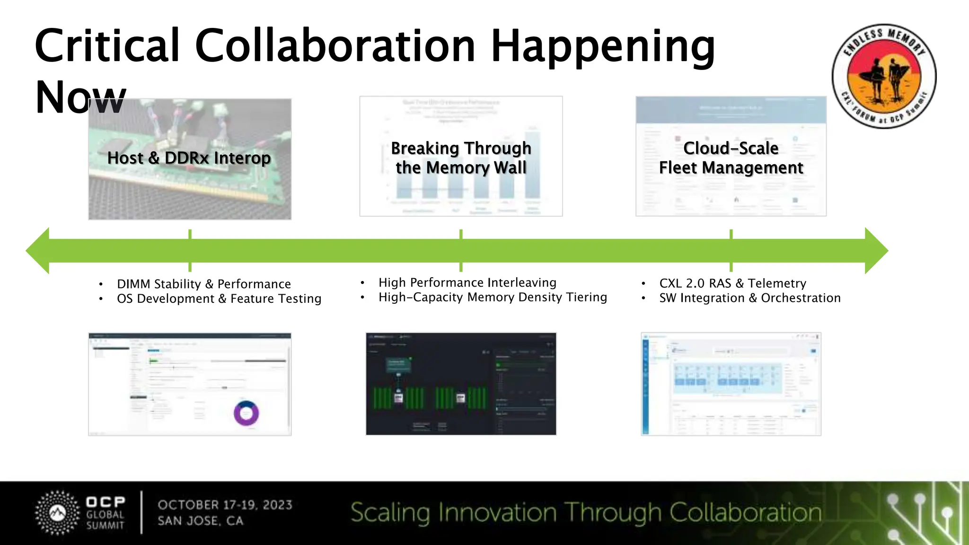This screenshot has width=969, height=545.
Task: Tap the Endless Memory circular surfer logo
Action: pos(884,76)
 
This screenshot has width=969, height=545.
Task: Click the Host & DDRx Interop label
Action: pos(189,158)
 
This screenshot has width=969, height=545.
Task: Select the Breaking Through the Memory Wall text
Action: pos(461,158)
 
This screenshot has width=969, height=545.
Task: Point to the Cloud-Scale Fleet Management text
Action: pos(731,158)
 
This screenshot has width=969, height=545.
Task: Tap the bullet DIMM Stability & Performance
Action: pos(203,284)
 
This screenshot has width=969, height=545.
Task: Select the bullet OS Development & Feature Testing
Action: pos(219,299)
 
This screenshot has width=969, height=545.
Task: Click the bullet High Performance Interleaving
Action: pos(467,282)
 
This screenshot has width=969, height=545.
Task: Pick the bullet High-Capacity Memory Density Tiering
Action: pos(492,297)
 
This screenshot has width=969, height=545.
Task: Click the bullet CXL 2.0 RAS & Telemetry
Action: pos(732,283)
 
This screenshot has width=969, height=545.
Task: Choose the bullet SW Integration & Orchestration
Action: pos(749,298)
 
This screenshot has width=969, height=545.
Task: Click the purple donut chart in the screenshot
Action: pos(246,413)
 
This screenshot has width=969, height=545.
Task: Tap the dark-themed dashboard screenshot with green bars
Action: pos(461,384)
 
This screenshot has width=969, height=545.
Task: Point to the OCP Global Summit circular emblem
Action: pos(58,513)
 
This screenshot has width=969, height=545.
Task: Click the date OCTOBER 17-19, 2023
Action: pos(225,505)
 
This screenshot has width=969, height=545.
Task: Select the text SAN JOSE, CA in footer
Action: pos(200,521)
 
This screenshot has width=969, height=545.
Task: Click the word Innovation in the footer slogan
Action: pos(497,513)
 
